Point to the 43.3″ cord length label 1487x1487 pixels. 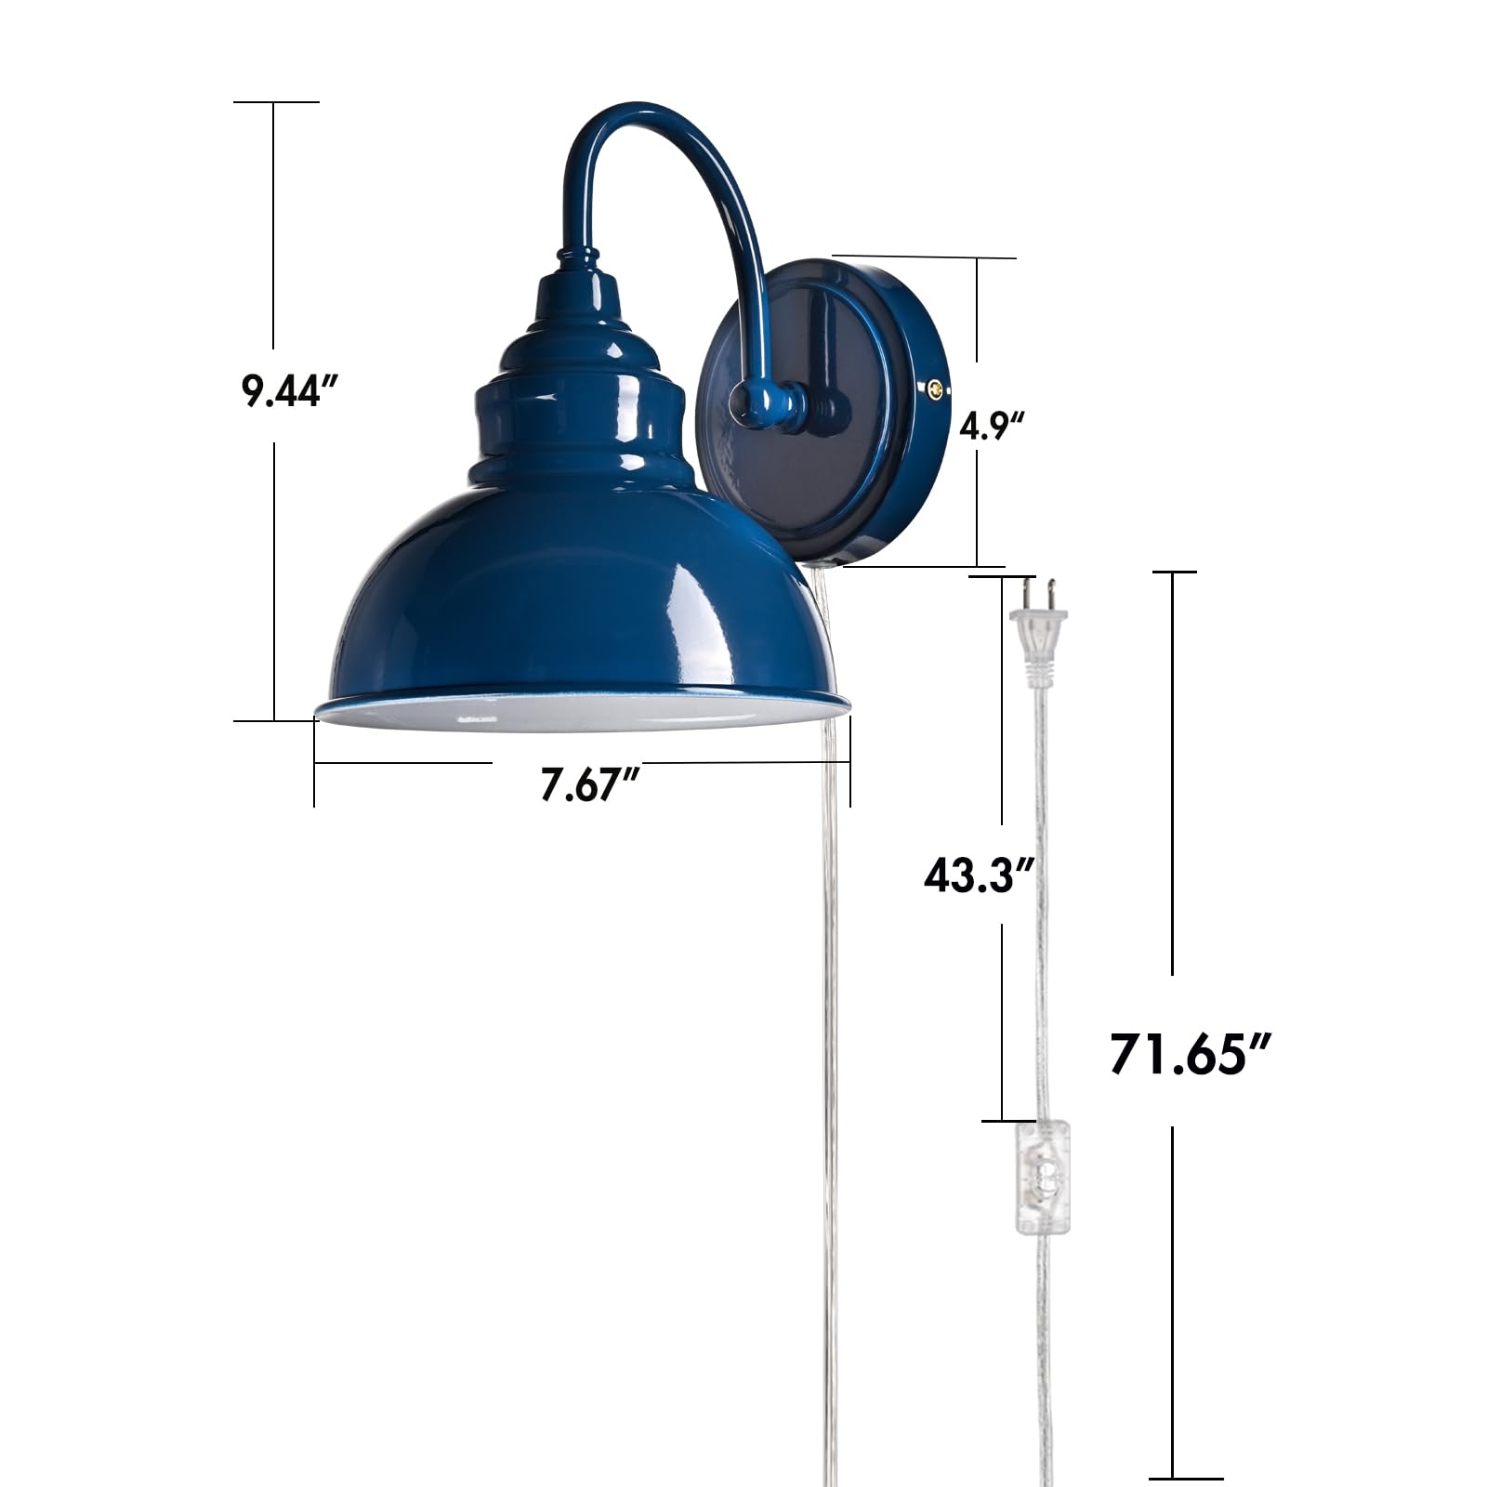980,875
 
